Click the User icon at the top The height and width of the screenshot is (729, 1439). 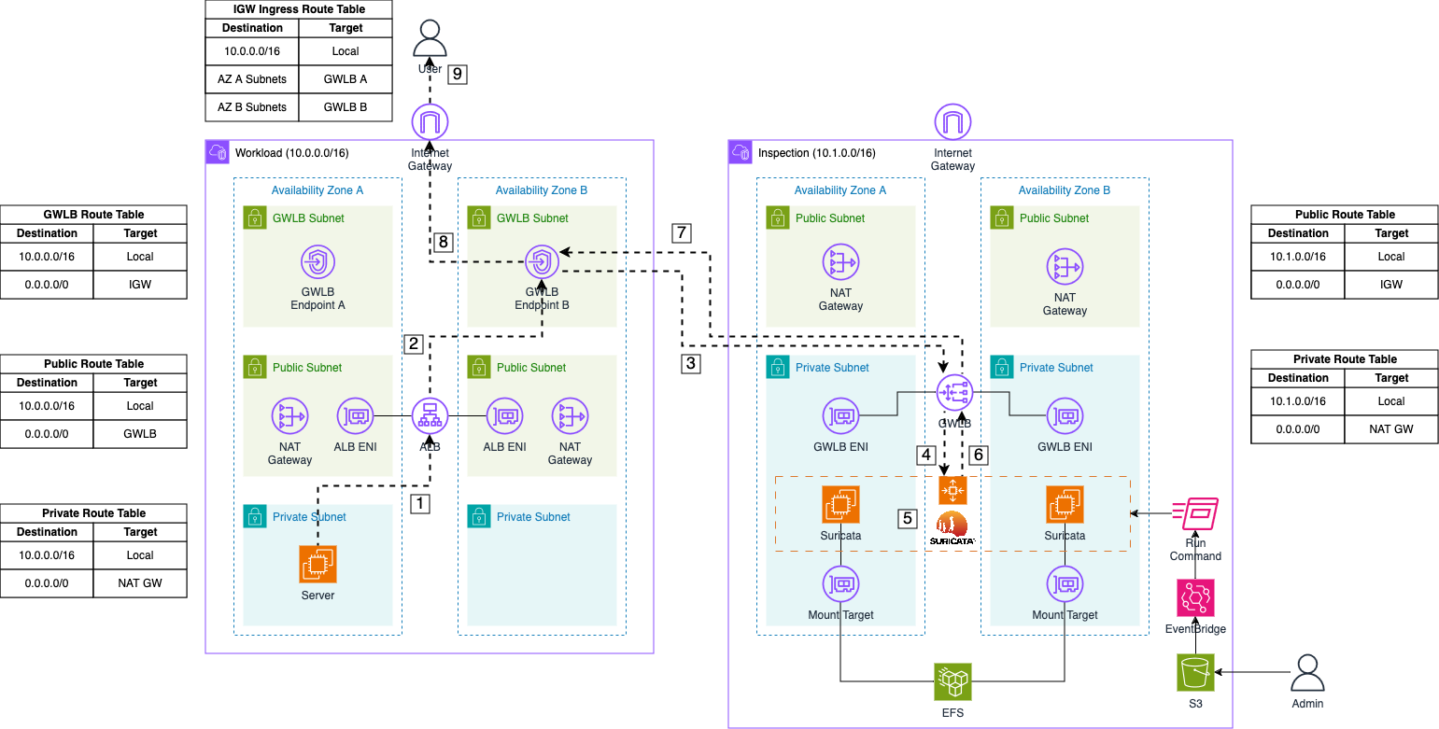coord(430,38)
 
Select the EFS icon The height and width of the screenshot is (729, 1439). coord(952,681)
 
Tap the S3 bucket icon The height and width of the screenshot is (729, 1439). coord(1195,672)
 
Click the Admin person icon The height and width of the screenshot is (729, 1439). coord(1307,672)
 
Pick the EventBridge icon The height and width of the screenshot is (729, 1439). coord(1195,597)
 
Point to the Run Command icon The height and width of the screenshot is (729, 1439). coord(1195,514)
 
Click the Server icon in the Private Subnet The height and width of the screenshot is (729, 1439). coord(317,565)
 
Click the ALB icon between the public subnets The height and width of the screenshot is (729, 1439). coord(430,415)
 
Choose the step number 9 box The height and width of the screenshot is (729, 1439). coord(456,74)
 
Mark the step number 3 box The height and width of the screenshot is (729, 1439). coord(690,363)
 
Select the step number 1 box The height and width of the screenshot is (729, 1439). coord(421,504)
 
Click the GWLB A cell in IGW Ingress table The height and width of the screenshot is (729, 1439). coord(346,79)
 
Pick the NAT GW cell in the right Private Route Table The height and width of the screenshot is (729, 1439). coord(1391,429)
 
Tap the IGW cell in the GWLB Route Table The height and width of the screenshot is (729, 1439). coord(140,285)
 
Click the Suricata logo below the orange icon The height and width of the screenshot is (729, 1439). coord(952,528)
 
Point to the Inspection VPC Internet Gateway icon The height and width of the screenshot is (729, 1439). coord(952,121)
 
